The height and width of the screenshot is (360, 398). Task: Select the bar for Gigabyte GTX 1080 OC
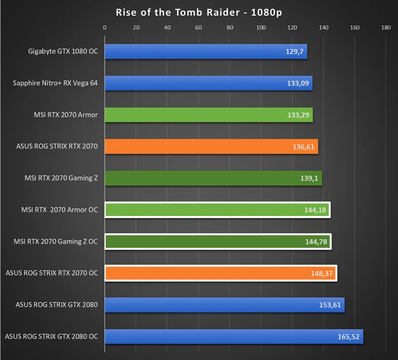[x=206, y=51]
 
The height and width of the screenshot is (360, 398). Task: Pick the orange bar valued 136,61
[x=211, y=147]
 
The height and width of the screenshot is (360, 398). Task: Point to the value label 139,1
[x=308, y=178]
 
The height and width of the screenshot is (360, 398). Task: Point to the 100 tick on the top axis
[x=261, y=28]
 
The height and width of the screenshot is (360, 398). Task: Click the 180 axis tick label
[x=386, y=28]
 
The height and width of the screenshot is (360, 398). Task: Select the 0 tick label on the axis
[x=105, y=28]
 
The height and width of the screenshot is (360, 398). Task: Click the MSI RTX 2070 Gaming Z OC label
[x=56, y=241]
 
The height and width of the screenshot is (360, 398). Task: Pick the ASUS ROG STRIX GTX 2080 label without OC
[x=57, y=305]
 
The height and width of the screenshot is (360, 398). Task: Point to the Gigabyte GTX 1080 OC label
[x=63, y=51]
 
